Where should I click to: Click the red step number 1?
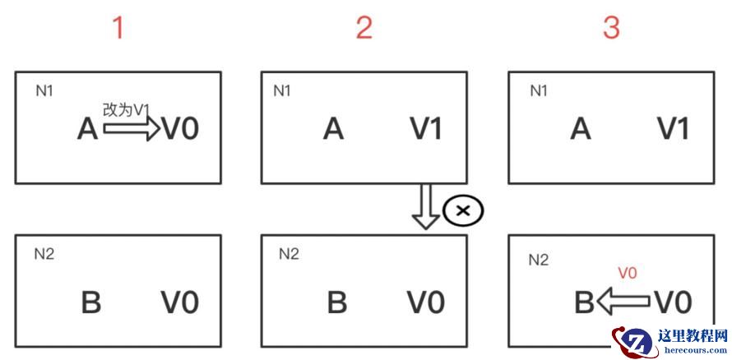[x=118, y=28]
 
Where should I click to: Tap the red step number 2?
[x=364, y=28]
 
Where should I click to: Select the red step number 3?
[x=611, y=28]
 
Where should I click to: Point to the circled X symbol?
[x=463, y=210]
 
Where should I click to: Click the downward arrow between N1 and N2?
[x=426, y=207]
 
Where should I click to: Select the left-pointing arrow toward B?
[x=623, y=302]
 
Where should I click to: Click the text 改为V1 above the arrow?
[x=127, y=109]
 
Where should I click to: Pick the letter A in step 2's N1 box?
[x=333, y=129]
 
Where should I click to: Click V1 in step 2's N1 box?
[x=426, y=129]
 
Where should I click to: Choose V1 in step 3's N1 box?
[x=673, y=129]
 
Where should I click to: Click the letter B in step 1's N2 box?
[x=90, y=302]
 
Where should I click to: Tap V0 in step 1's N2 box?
[x=179, y=302]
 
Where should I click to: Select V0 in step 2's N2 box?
[x=426, y=302]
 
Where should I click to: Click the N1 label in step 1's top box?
[x=44, y=90]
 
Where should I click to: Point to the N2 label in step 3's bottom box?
[x=538, y=261]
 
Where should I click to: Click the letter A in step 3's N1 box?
[x=581, y=129]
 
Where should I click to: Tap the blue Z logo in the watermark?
[x=634, y=340]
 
